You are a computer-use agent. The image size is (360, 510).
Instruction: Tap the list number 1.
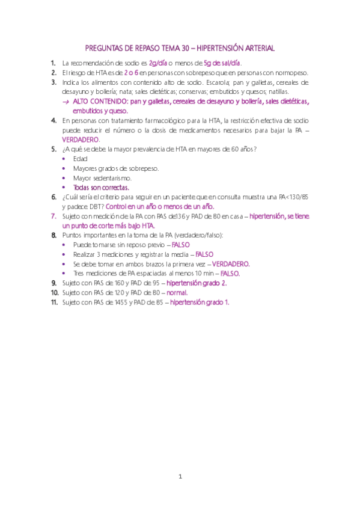tap(53, 63)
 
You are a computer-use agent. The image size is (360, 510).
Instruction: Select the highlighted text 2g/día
tap(158, 63)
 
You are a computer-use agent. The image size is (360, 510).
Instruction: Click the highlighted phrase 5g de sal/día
tap(222, 63)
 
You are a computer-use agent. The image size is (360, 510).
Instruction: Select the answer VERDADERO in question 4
tap(81, 140)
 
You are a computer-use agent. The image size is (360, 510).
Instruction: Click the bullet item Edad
tap(80, 159)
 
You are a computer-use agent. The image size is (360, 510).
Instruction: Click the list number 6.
tap(53, 197)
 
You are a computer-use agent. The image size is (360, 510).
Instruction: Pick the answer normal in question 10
tap(178, 292)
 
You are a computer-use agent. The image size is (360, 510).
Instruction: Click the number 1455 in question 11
tap(123, 302)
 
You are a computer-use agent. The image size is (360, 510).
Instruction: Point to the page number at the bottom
tap(180, 477)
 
